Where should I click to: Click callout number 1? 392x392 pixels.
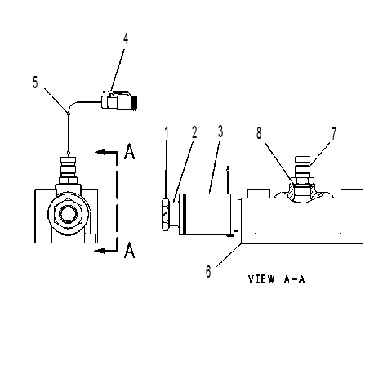(167, 133)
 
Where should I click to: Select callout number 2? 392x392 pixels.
(194, 132)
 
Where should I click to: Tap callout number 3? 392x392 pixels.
(220, 131)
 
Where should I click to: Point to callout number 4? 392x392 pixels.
(126, 38)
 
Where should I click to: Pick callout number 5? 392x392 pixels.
(35, 82)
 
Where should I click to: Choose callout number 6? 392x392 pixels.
(208, 271)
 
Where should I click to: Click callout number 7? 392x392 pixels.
(334, 133)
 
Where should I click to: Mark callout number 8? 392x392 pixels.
(259, 133)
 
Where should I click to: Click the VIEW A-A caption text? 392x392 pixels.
(276, 279)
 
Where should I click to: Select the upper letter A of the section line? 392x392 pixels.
(130, 151)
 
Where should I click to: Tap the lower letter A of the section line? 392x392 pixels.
(130, 250)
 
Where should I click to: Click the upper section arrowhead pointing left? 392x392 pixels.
(100, 152)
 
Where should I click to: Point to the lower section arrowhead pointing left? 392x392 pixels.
(100, 251)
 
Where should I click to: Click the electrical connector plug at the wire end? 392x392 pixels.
(119, 100)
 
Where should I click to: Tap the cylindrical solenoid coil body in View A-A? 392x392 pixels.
(206, 214)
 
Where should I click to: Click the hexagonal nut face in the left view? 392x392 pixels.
(69, 214)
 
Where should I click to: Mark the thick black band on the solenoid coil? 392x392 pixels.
(185, 214)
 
